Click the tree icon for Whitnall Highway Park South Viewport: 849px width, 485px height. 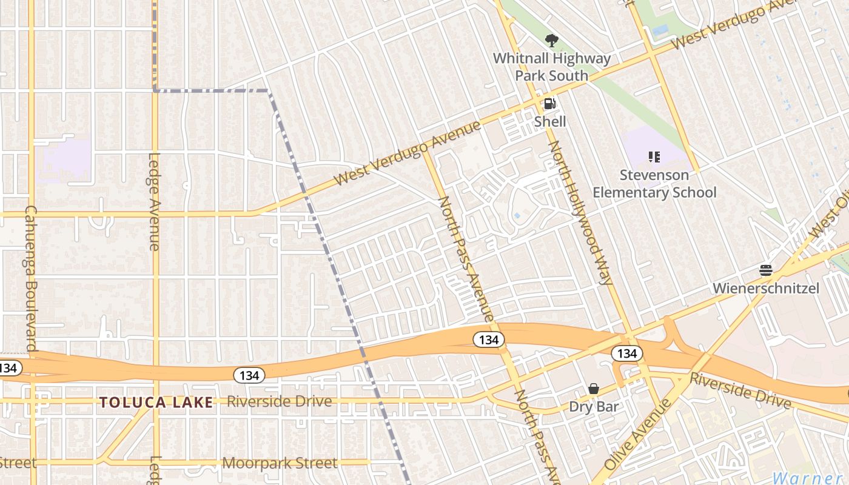coord(551,41)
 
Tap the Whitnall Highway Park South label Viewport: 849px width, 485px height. coord(551,67)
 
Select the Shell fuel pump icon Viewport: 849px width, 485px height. coord(549,104)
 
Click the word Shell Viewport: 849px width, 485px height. coord(550,122)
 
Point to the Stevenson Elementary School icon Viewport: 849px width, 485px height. coord(654,158)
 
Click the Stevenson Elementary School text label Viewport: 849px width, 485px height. coord(654,184)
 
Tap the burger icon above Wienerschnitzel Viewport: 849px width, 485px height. coord(766,270)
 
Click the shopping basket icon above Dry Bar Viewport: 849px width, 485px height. coord(594,389)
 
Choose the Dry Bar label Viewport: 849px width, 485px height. coord(594,406)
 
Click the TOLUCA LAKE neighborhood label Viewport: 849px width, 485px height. coord(156,402)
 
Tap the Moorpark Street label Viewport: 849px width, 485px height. coord(280,463)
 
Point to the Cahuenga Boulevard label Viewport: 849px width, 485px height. coord(32,278)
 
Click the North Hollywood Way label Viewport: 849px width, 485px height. coord(581,212)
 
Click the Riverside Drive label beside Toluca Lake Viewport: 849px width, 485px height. coord(280,401)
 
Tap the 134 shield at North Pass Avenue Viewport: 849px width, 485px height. coord(489,340)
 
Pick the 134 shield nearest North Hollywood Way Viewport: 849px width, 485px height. coord(626,353)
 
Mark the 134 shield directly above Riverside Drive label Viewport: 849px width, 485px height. coord(249,376)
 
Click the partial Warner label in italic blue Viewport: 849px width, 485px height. coord(810,477)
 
